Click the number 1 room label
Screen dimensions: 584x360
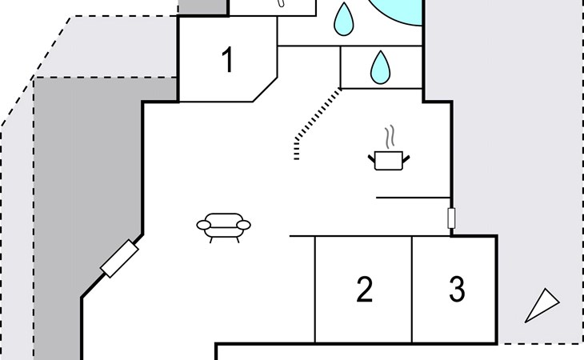228,59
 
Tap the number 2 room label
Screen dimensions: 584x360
364,290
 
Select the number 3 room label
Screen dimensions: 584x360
457,289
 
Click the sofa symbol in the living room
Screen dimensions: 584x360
223,227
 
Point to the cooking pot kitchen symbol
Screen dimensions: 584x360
389,161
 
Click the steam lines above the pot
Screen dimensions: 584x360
390,137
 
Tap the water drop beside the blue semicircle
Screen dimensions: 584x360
343,19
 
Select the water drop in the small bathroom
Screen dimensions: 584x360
380,67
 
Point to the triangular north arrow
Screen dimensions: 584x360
542,306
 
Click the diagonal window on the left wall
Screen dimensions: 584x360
119,258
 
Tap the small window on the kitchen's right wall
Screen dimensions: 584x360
451,218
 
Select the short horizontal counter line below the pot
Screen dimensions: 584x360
413,198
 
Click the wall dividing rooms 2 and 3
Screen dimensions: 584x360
412,290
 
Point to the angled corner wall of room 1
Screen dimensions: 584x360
265,90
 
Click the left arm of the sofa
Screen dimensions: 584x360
204,225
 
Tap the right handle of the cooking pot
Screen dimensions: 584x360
406,159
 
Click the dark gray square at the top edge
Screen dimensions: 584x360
203,7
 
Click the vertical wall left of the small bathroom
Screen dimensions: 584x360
341,67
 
